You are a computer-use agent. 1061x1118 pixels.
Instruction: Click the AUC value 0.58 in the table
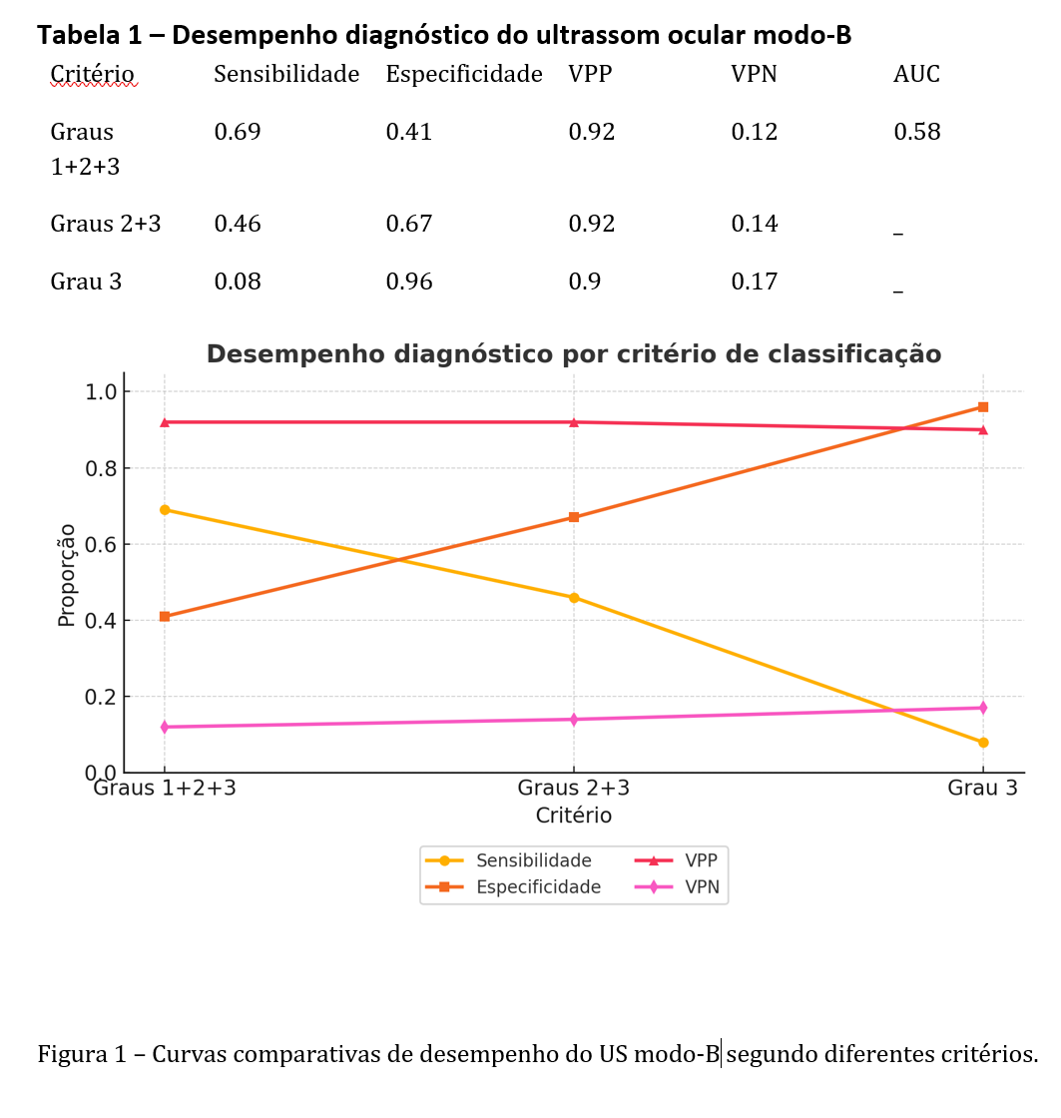[x=916, y=132]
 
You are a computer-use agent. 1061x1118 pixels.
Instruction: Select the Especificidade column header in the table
[x=464, y=74]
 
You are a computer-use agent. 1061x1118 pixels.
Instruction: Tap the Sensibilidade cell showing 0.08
[x=238, y=281]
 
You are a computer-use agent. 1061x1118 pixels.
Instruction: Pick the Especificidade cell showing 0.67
[x=409, y=224]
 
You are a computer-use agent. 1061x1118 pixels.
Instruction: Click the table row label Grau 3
[x=86, y=281]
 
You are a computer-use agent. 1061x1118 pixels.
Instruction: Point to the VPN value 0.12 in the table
[x=754, y=132]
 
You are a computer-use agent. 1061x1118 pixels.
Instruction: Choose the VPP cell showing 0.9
[x=585, y=281]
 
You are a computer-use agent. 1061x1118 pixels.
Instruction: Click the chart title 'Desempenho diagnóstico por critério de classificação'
[x=573, y=354]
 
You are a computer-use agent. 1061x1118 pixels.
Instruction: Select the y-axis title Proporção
[x=67, y=575]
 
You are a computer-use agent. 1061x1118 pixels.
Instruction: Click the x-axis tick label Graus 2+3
[x=573, y=789]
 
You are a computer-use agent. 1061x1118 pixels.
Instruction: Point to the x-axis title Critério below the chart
[x=573, y=816]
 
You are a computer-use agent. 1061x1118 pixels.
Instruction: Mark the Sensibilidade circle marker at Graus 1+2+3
[x=165, y=510]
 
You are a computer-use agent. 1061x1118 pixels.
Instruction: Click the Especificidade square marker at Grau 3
[x=983, y=407]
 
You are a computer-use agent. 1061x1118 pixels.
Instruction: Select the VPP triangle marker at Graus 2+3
[x=574, y=422]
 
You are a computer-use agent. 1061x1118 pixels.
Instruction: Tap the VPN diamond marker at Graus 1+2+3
[x=165, y=727]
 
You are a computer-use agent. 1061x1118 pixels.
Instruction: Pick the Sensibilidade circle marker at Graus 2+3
[x=574, y=598]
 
